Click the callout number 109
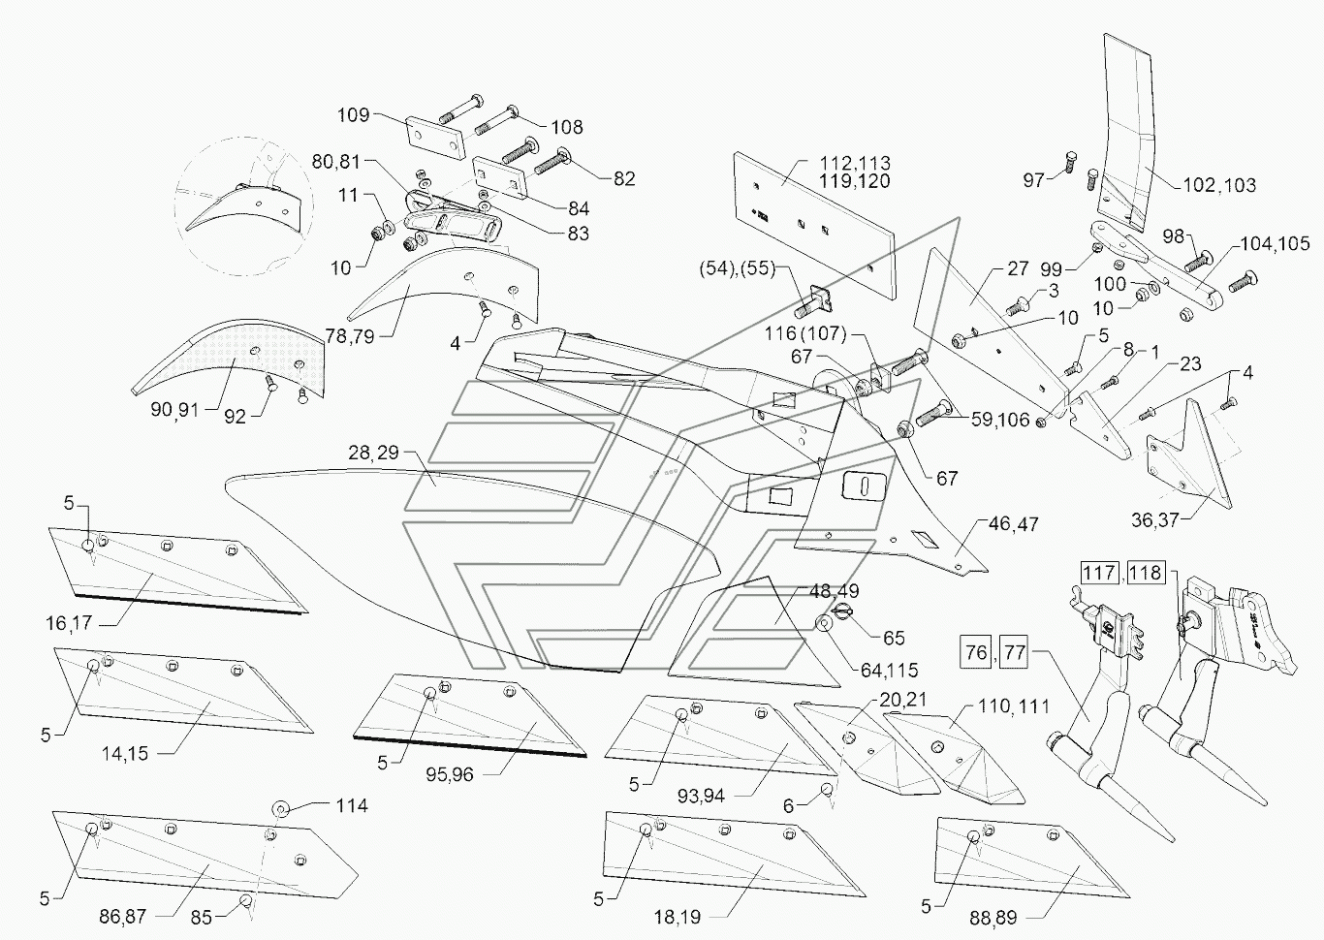pos(353,114)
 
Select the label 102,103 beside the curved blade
pos(1218,185)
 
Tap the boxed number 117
pos(1099,573)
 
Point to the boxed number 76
pos(976,652)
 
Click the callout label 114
pos(352,805)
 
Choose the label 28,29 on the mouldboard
pos(373,453)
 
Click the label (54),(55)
pos(737,268)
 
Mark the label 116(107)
pos(805,333)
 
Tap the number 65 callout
pos(894,638)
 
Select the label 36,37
pos(1155,520)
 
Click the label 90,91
pos(174,410)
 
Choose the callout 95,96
pos(450,774)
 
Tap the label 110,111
pos(1014,706)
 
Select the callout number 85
pos(201,917)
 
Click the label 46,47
pos(1013,524)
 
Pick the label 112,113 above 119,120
pos(855,163)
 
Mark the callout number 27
pos(1018,268)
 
